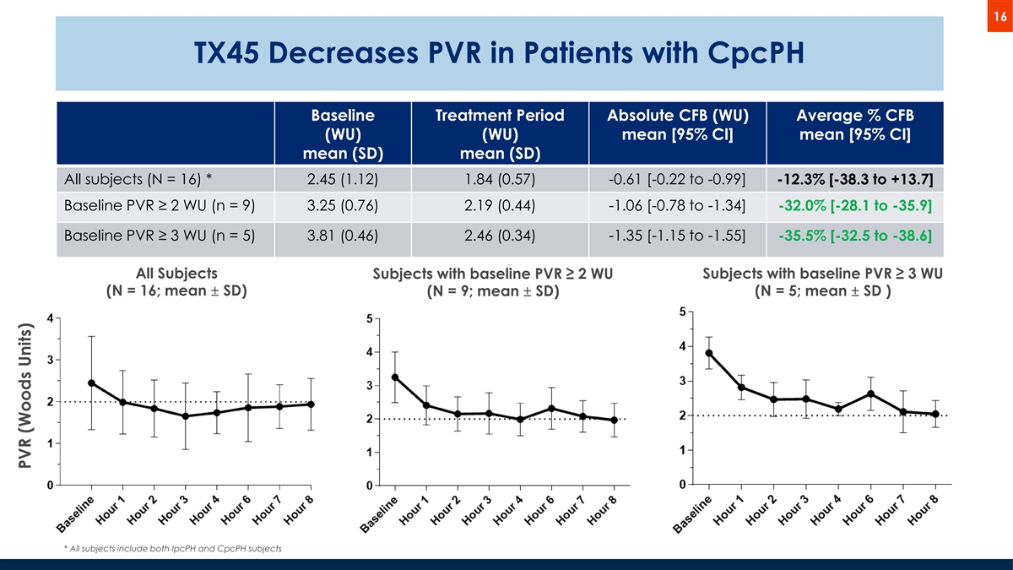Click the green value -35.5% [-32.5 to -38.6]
click(x=854, y=234)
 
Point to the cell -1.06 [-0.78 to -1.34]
click(x=677, y=208)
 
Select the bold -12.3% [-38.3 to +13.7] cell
click(x=854, y=182)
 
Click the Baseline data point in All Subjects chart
click(x=91, y=383)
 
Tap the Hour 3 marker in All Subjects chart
click(x=186, y=415)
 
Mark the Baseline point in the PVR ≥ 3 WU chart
click(x=709, y=353)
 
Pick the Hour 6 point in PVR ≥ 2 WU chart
click(x=551, y=409)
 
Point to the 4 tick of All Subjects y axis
click(x=51, y=318)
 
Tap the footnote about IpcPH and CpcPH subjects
click(x=173, y=549)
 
